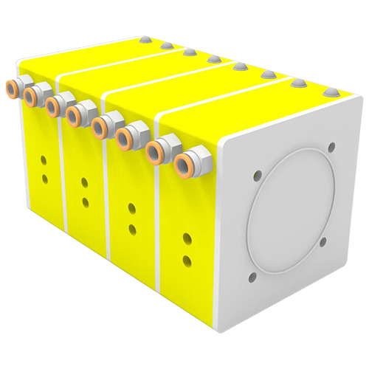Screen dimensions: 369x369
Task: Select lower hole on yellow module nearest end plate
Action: tap(187, 257)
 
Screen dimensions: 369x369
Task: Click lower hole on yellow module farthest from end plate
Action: tap(44, 177)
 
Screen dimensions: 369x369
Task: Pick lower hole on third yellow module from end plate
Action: tap(86, 201)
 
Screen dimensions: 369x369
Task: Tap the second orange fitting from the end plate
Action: tap(156, 150)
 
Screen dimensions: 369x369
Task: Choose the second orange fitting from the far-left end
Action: tap(31, 95)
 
